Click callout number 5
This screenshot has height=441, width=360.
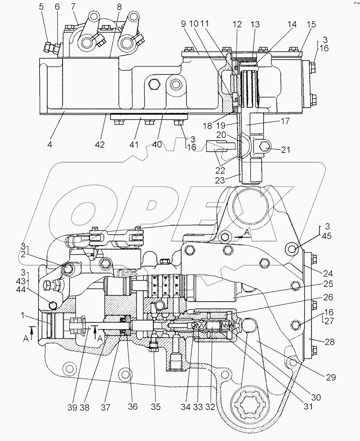coord(41,6)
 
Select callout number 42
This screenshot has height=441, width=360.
coord(100,144)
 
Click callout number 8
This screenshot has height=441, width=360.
coord(119,7)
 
